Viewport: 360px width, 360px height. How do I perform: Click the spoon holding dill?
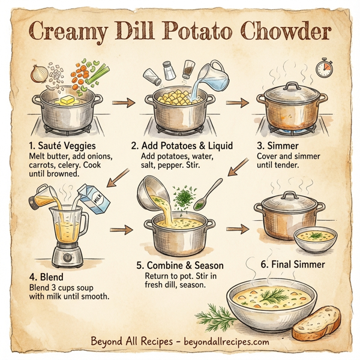[207, 194]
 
